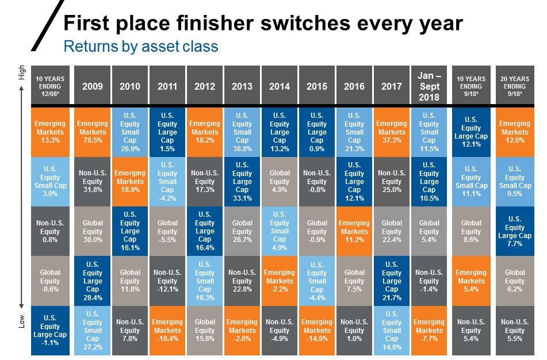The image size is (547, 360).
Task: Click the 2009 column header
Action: [93, 86]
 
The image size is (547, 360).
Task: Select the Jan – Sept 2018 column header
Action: [429, 86]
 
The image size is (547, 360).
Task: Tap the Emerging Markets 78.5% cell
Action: [93, 132]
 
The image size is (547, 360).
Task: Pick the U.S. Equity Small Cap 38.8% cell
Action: [242, 132]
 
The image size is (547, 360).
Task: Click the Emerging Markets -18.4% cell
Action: [167, 330]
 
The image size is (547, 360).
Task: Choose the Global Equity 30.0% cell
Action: [93, 231]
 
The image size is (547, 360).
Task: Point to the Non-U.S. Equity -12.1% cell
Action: [167, 281]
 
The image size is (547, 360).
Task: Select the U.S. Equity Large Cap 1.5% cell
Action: [167, 132]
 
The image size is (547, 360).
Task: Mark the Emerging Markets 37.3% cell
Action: [392, 132]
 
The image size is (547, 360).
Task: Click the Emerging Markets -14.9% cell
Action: [317, 330]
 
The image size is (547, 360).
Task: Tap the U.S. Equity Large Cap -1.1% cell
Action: [50, 330]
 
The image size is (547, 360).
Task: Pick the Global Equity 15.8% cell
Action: [205, 330]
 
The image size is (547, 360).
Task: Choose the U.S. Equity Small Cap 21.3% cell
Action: [354, 132]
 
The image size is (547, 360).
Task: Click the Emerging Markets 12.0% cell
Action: [514, 132]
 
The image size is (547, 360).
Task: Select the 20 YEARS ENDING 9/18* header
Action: [514, 86]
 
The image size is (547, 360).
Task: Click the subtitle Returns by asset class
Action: [141, 46]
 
